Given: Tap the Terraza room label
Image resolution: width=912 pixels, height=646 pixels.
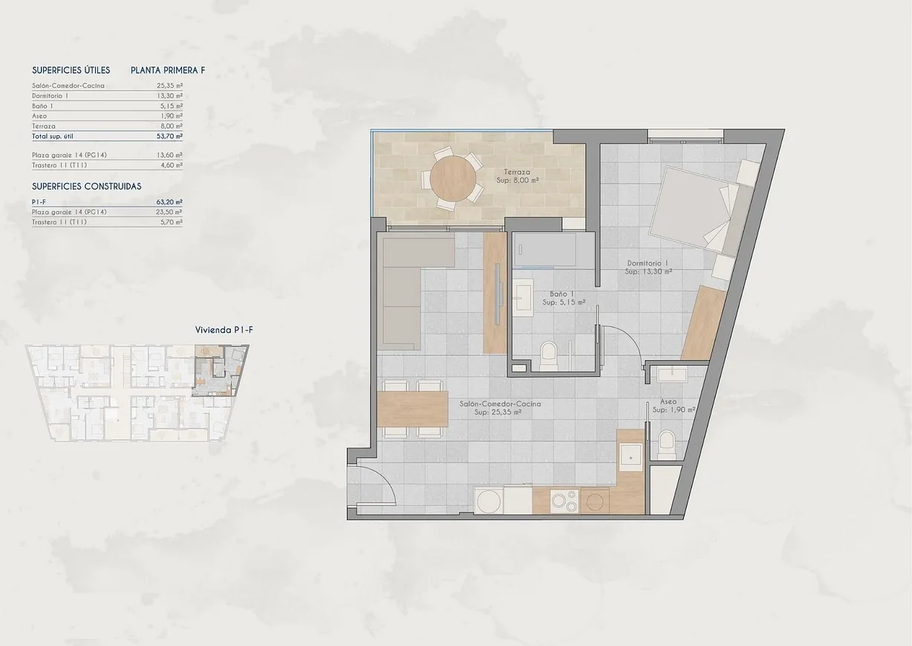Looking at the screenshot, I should [516, 175].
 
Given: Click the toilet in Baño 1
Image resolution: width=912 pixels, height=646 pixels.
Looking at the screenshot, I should [549, 355].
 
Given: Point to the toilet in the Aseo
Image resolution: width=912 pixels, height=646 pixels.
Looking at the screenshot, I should [667, 445].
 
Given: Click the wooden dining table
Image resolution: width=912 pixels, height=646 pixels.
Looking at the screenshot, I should [412, 408].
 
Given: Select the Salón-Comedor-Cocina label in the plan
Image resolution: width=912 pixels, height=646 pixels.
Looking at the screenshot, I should [499, 407].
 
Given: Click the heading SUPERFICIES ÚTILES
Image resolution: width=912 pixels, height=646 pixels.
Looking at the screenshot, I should [71, 71].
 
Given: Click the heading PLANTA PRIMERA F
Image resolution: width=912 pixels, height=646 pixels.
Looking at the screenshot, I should [168, 71].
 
